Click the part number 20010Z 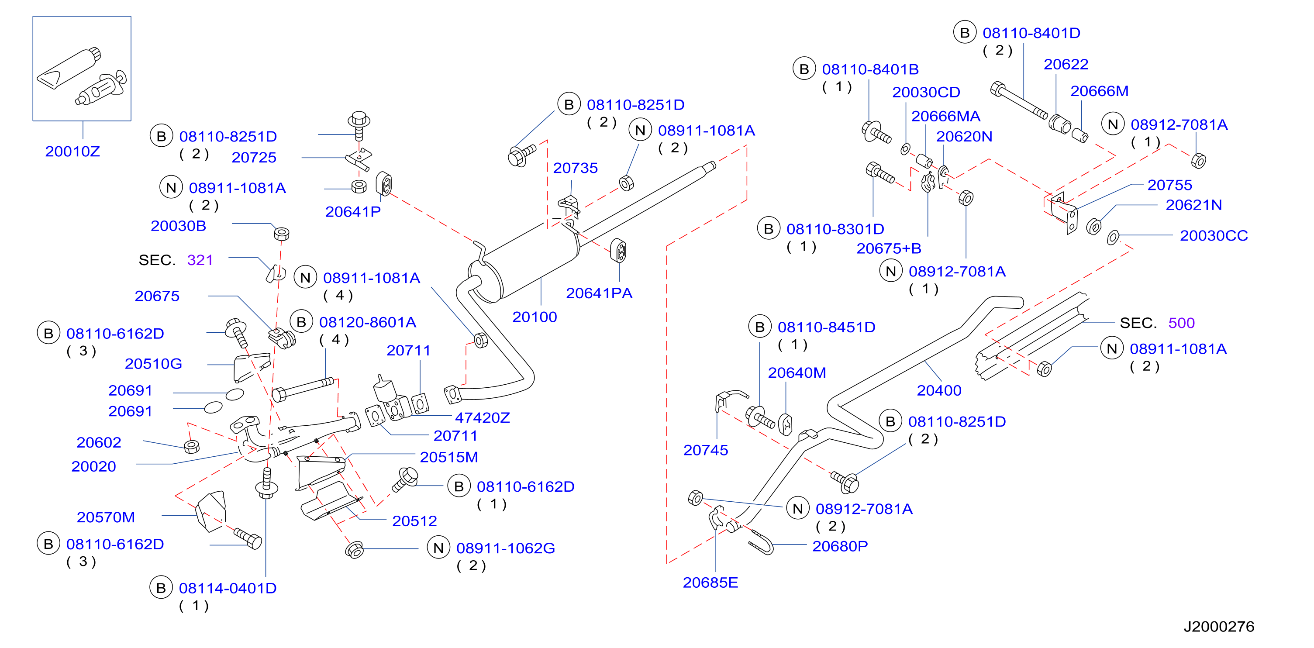(x=72, y=152)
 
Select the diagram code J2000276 (x=1219, y=627)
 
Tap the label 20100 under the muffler (x=535, y=317)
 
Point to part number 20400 (x=939, y=390)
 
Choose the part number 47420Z (x=482, y=418)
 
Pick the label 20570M (x=106, y=517)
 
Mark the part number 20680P (x=840, y=546)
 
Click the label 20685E (x=710, y=583)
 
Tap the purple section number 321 (x=200, y=260)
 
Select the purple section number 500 (x=1181, y=323)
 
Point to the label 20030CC (x=1214, y=236)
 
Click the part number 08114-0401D (x=228, y=588)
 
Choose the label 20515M (x=449, y=457)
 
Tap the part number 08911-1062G (x=506, y=548)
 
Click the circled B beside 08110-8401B (x=804, y=69)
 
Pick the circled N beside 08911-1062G (x=438, y=548)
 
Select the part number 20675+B (x=889, y=248)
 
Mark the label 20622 (x=1066, y=64)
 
